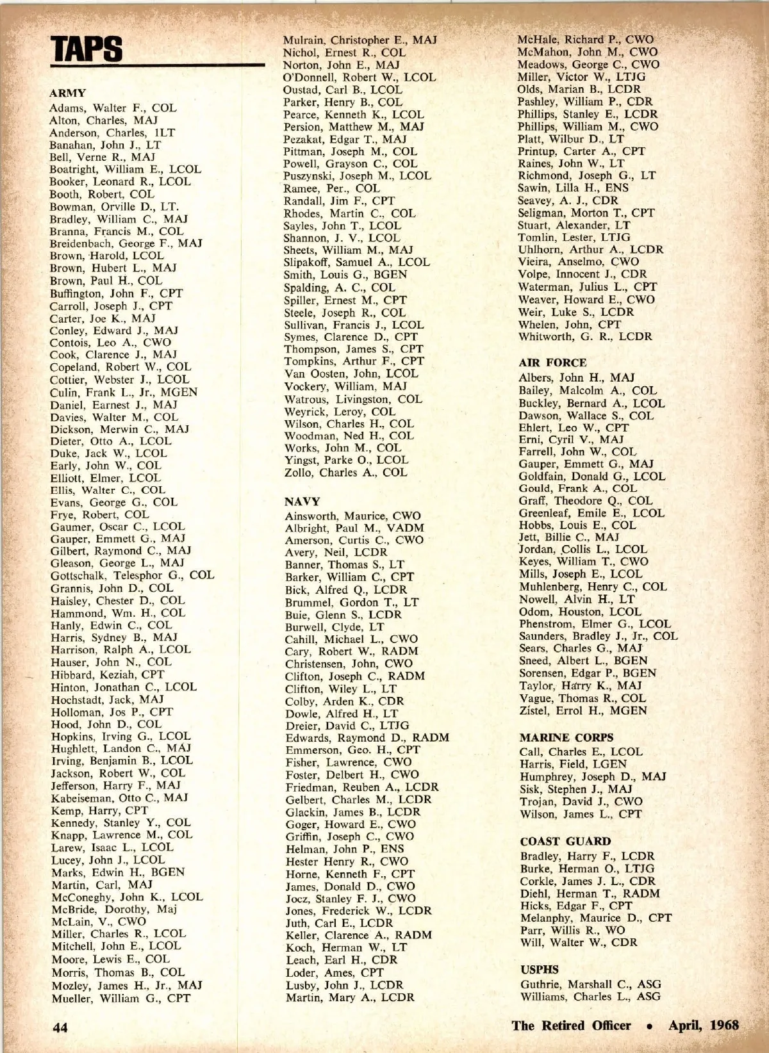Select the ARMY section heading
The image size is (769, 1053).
coord(67,93)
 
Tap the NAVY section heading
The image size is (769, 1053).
coord(302,501)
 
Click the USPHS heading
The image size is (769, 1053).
coord(539,970)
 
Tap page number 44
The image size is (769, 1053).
coord(60,1027)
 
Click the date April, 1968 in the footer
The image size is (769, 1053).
coord(703,1025)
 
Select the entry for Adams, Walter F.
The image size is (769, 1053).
coord(113,108)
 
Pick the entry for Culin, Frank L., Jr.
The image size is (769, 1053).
coord(124,392)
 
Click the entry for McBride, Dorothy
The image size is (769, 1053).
coord(113,909)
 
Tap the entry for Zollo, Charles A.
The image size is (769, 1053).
coord(345,472)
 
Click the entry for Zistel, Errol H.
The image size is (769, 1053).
coord(583,710)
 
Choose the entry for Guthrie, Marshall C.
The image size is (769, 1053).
coord(590,984)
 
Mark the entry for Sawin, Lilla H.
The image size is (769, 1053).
coord(573,188)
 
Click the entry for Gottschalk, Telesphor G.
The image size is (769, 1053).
coord(132,575)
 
